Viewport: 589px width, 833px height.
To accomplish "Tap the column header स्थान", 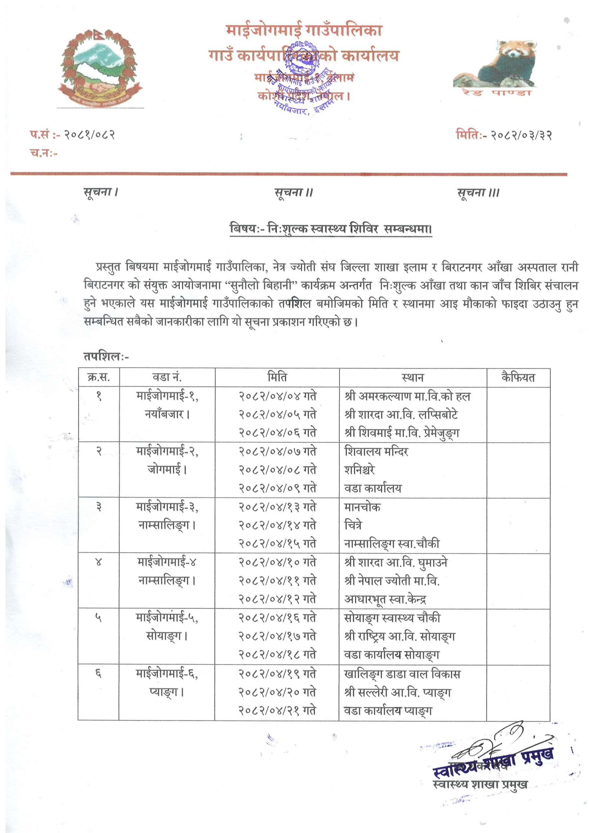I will coord(412,377).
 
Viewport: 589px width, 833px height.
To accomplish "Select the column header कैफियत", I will coord(518,377).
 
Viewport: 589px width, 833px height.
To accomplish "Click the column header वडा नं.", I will coord(167,377).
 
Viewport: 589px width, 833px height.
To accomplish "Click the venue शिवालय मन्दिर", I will coord(376,452).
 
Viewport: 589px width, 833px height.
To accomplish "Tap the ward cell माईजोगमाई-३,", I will coord(167,507).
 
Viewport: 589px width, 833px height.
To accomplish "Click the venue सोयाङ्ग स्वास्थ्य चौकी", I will coord(392,618).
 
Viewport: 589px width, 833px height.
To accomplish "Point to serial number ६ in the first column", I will coord(98,674).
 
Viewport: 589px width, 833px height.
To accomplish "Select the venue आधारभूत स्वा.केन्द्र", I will coord(385,600).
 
